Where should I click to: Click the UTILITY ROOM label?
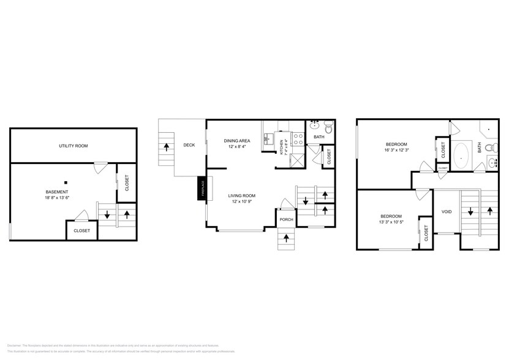pyautogui.click(x=73, y=146)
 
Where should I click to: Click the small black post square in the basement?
pyautogui.click(x=65, y=182)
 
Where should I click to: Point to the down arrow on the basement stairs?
pyautogui.click(x=107, y=214)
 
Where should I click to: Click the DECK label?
pyautogui.click(x=189, y=145)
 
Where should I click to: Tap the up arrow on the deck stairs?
pyautogui.click(x=167, y=148)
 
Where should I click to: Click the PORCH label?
pyautogui.click(x=285, y=219)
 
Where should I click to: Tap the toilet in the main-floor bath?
pyautogui.click(x=328, y=129)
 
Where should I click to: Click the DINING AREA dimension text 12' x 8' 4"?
pyautogui.click(x=236, y=147)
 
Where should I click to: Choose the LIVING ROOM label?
pyautogui.click(x=241, y=195)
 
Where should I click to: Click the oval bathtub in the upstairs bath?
pyautogui.click(x=461, y=156)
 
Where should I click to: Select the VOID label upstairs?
pyautogui.click(x=447, y=211)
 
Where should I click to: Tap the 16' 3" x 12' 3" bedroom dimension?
pyautogui.click(x=396, y=149)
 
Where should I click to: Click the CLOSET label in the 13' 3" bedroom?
pyautogui.click(x=427, y=233)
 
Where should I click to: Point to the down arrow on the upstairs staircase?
pyautogui.click(x=470, y=212)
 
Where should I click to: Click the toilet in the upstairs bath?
pyautogui.click(x=488, y=147)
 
